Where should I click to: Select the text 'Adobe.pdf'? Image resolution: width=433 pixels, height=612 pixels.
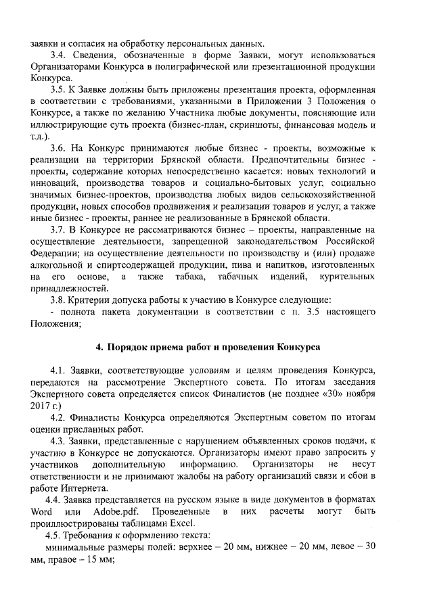[x=116, y=511]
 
